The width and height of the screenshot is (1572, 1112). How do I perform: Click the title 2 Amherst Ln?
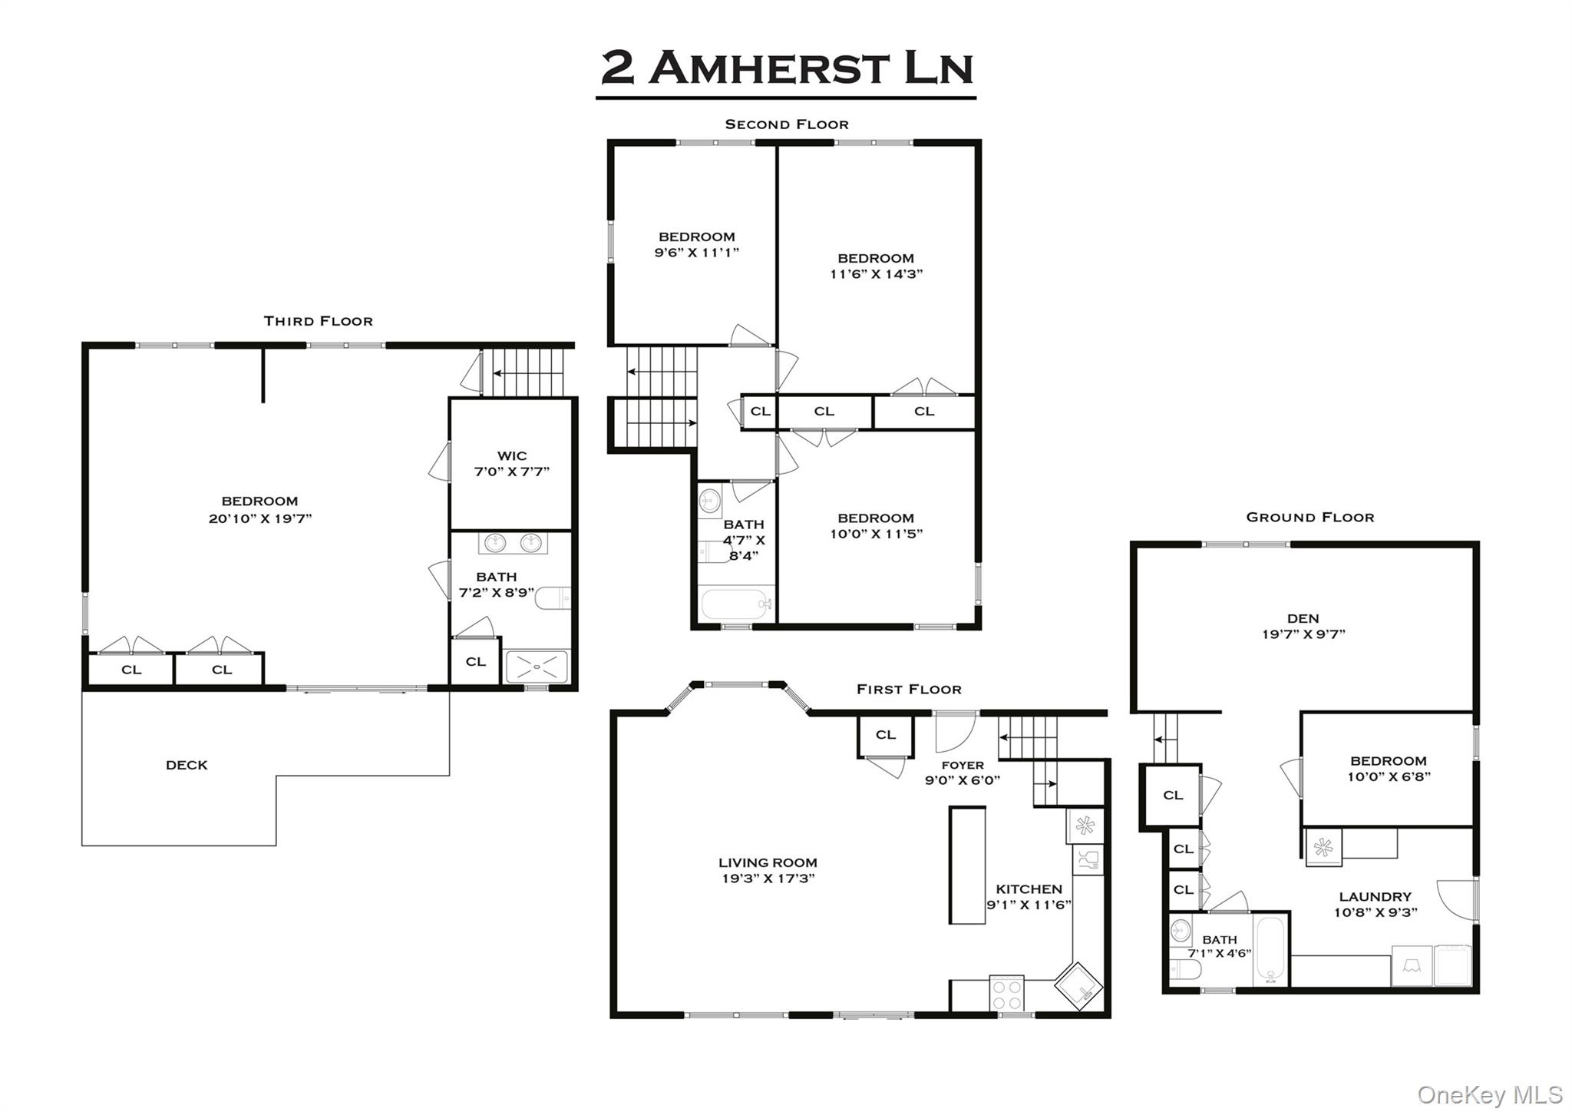[786, 68]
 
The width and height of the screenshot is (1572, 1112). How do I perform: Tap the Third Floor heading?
[318, 321]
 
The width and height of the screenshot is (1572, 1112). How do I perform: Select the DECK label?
[187, 765]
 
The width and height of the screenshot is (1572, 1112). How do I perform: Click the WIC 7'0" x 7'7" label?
[511, 464]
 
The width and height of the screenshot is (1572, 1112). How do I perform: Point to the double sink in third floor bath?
[513, 543]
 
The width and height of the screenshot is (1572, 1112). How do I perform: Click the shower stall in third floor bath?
[537, 667]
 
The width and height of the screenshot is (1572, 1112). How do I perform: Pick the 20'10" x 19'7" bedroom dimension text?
[260, 518]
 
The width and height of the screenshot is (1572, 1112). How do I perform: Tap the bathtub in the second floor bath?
[735, 604]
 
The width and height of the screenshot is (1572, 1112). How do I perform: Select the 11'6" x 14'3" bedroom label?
[876, 266]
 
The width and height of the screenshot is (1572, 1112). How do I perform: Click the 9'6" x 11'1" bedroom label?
[696, 245]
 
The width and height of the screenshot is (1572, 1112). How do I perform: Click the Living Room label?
[768, 862]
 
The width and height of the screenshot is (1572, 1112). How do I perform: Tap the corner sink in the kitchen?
[1078, 986]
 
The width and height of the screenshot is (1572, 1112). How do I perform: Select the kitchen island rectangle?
[967, 865]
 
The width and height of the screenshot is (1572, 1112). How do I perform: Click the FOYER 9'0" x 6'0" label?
[962, 773]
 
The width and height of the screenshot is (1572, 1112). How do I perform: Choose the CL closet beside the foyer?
[885, 735]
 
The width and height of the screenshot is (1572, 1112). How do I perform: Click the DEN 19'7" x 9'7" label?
[1303, 626]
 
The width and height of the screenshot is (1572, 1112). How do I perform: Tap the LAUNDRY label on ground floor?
[1375, 896]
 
